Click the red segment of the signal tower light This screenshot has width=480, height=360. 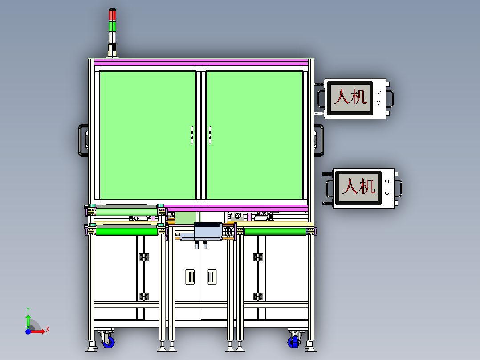112,15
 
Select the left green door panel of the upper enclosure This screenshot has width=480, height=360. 147,135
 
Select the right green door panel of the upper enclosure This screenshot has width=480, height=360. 254,135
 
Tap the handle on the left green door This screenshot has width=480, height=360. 192,135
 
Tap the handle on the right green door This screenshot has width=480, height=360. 210,135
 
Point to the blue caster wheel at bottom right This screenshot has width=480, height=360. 294,342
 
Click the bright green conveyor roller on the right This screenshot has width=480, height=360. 275,231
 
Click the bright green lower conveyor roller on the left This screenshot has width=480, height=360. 126,231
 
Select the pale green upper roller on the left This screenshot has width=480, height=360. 126,212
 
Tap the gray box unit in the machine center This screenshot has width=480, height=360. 208,231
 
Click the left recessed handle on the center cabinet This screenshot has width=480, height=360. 190,277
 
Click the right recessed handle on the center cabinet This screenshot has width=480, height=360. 212,277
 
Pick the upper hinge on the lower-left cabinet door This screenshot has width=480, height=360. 143,257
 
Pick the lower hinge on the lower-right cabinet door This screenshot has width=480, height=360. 258,296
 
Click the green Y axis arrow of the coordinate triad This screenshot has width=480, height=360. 28,320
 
